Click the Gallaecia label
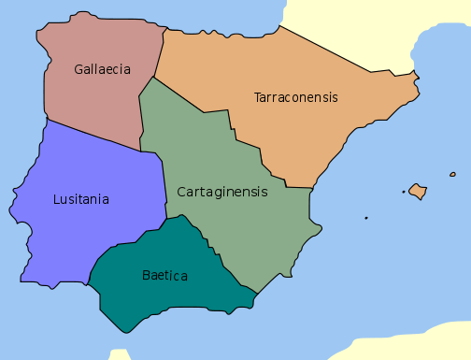pyautogui.click(x=102, y=69)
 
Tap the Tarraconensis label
pyautogui.click(x=295, y=97)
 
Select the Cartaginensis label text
pyautogui.click(x=221, y=192)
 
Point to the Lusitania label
pyautogui.click(x=80, y=199)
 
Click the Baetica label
pyautogui.click(x=164, y=276)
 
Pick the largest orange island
pyautogui.click(x=418, y=192)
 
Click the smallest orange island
pyautogui.click(x=453, y=174)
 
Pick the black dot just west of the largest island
pyautogui.click(x=404, y=193)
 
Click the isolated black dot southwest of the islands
pyautogui.click(x=366, y=219)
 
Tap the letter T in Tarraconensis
pyautogui.click(x=258, y=97)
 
